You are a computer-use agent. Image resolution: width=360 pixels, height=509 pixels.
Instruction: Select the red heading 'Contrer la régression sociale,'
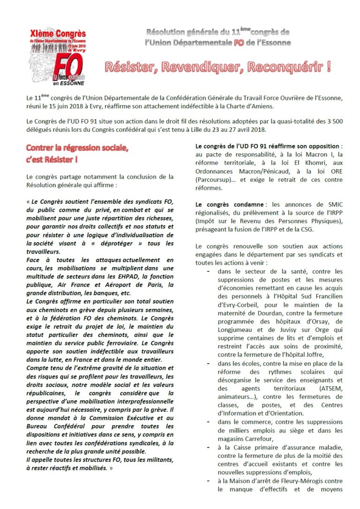click(x=77, y=149)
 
